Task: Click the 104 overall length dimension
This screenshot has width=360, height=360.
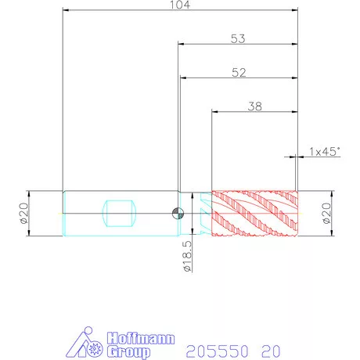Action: [x=180, y=5]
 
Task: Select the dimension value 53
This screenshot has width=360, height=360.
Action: [x=238, y=39]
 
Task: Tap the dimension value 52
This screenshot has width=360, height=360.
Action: [x=239, y=73]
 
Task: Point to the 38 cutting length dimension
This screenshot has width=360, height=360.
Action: [x=255, y=106]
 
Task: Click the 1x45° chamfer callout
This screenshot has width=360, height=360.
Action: [x=325, y=152]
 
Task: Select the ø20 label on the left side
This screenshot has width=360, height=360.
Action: [x=23, y=214]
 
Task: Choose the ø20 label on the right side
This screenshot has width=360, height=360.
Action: [x=326, y=214]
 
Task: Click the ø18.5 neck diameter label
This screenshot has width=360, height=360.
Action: [x=187, y=256]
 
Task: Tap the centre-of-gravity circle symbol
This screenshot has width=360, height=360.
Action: [x=178, y=214]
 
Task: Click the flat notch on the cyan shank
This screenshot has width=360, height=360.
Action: [x=120, y=214]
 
